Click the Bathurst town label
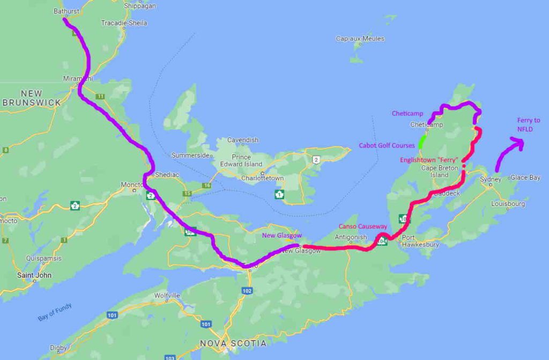67,11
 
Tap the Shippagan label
140,6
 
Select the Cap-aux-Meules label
360,39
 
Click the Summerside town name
189,156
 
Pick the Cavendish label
243,140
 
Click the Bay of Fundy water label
55,312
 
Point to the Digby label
58,348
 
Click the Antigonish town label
351,237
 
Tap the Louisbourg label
508,204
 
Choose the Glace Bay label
525,177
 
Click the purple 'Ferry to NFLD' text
529,125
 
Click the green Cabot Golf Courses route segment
422,142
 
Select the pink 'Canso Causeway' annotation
363,226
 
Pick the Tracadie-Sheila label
124,23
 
